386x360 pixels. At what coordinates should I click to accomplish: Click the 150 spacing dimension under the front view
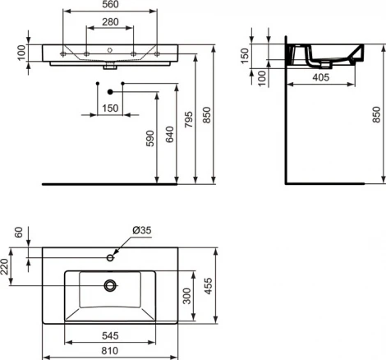(x=109, y=108)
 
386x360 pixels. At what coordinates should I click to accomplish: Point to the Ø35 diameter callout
(x=141, y=232)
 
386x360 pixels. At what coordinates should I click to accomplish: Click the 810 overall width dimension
(x=109, y=350)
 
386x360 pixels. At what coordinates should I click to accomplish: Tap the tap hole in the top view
(x=109, y=257)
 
